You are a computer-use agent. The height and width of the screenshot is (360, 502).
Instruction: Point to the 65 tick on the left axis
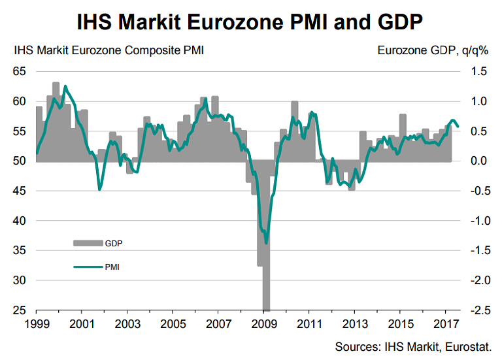[20, 71]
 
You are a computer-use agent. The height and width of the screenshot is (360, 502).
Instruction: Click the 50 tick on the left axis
[20, 161]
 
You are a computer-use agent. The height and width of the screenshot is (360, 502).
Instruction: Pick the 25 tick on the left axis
[20, 310]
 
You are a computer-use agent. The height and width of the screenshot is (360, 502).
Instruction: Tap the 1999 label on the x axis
[36, 323]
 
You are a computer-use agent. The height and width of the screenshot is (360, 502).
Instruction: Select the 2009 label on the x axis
[263, 323]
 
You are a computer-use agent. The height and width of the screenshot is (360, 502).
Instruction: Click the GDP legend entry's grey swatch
[87, 243]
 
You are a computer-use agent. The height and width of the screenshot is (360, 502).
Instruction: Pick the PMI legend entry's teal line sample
[87, 267]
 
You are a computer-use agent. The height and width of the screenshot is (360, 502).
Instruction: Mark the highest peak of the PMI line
[65, 86]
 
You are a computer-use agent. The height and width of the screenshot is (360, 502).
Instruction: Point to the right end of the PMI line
[458, 126]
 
